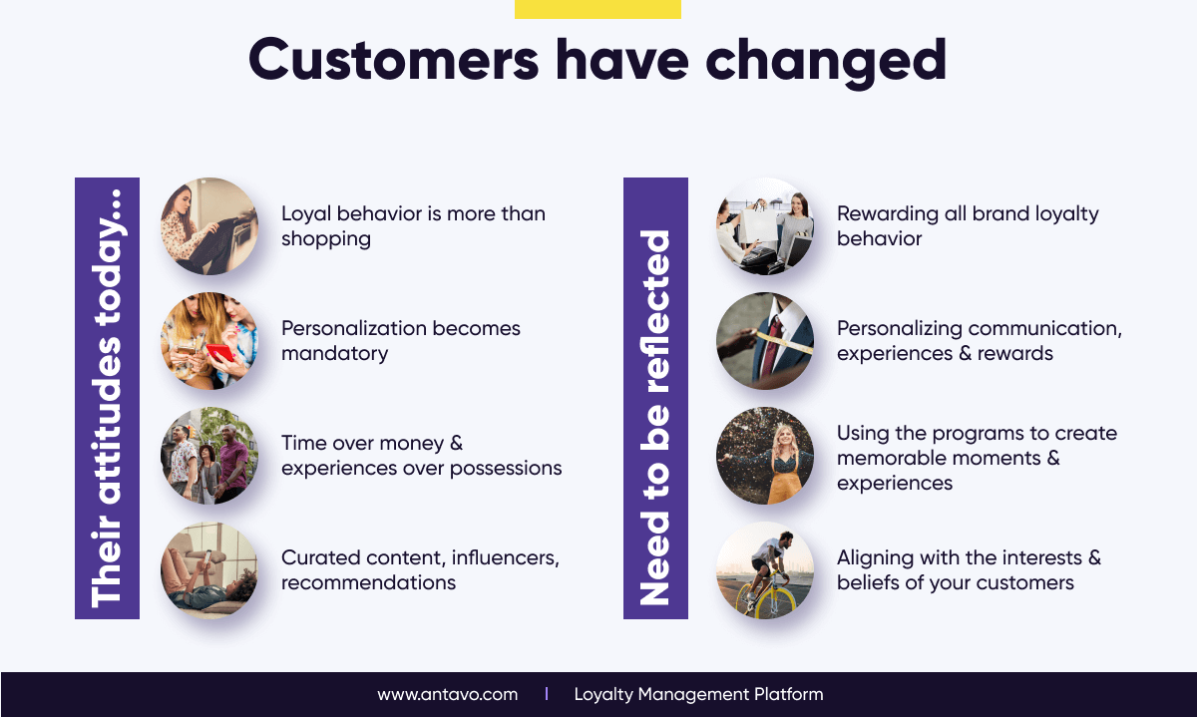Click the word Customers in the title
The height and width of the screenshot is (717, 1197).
tap(394, 59)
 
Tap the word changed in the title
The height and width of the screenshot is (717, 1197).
tap(826, 63)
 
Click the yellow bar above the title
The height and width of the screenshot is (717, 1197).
tap(598, 9)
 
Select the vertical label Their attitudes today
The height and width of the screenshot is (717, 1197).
tap(107, 399)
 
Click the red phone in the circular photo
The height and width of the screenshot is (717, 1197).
tap(220, 353)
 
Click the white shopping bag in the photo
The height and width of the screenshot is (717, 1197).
tap(758, 224)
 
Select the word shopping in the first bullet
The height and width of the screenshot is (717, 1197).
tap(326, 239)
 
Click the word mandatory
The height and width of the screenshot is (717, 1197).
tap(334, 354)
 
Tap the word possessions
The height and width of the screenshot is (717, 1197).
tap(506, 469)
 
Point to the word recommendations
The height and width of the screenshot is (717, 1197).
tap(369, 582)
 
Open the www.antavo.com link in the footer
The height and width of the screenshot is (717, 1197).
tap(447, 694)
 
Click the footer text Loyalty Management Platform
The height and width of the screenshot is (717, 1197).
tap(698, 694)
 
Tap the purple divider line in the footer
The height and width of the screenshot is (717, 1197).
tap(547, 694)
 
